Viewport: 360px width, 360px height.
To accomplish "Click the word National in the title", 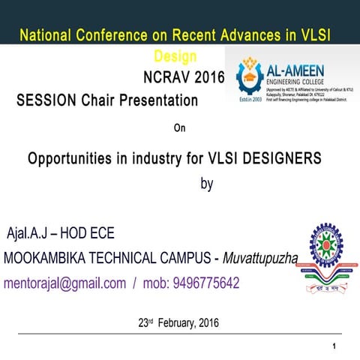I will [x=46, y=35].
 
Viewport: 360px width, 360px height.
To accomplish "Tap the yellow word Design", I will [x=175, y=55].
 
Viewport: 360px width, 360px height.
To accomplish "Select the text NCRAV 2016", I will [x=183, y=76].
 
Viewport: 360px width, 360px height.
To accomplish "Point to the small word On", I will [x=179, y=127].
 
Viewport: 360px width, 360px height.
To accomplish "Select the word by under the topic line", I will [x=207, y=184].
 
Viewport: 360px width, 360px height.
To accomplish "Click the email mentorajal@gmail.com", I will [x=64, y=283].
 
